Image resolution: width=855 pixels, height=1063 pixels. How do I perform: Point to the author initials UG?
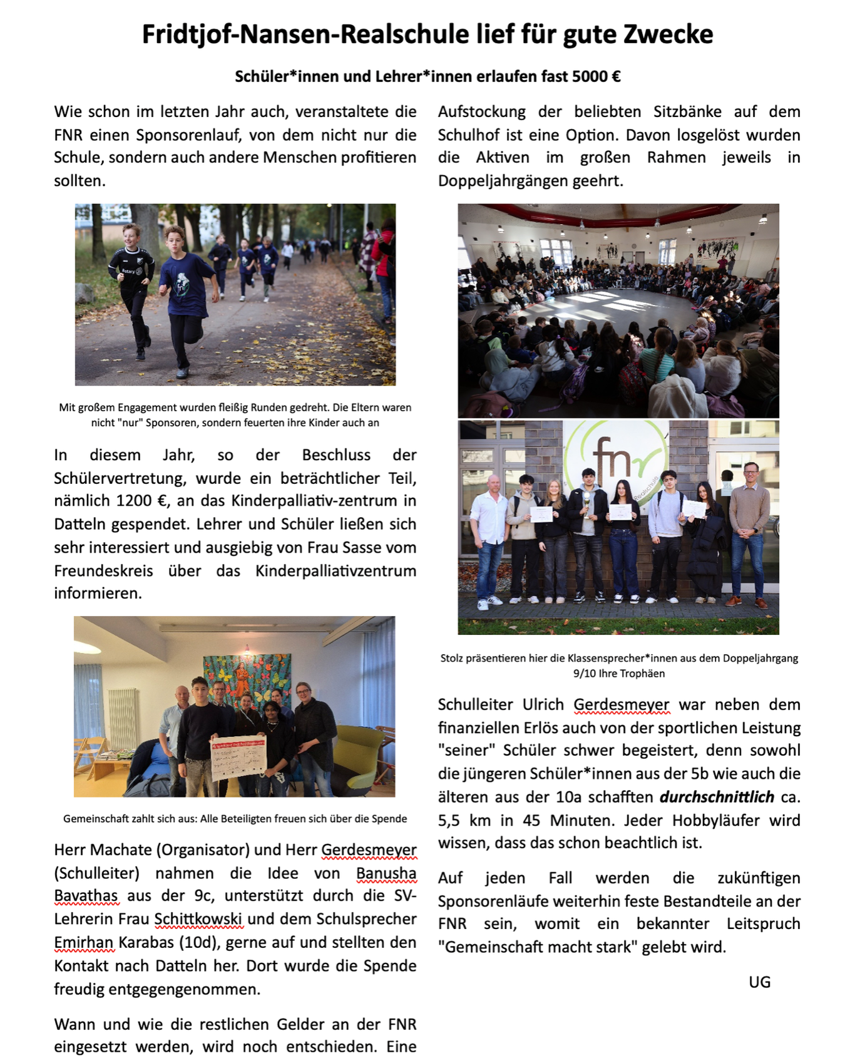click(759, 982)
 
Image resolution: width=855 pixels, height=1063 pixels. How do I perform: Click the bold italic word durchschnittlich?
click(717, 797)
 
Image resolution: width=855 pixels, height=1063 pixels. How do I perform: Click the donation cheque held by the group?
click(238, 756)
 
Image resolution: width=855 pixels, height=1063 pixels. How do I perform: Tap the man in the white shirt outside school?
click(490, 538)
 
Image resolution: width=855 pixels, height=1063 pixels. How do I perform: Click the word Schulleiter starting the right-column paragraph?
click(475, 704)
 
